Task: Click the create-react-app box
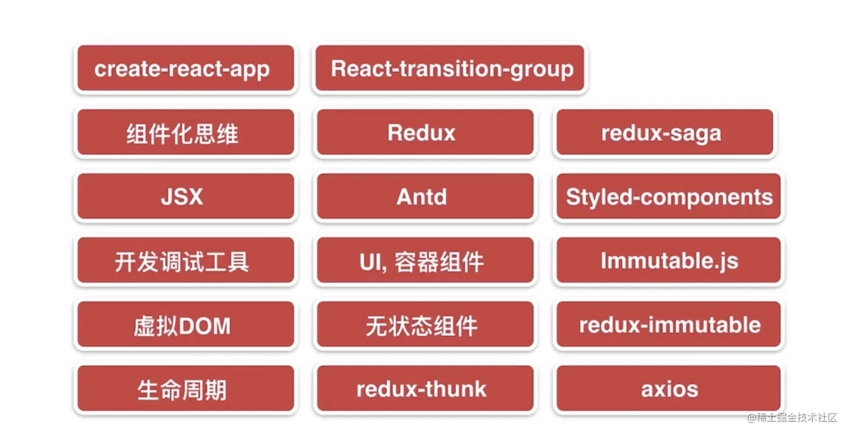(186, 68)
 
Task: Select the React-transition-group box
(450, 68)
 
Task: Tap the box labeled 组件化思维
(186, 132)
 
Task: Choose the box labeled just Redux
(426, 132)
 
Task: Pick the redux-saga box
(665, 132)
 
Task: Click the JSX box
(186, 196)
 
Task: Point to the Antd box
(426, 196)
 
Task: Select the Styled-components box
(668, 196)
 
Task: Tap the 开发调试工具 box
(186, 260)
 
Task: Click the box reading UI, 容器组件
(426, 260)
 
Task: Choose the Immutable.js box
(668, 260)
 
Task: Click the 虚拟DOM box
(186, 325)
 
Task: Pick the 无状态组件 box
(426, 325)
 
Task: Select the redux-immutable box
(668, 325)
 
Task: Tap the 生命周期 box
(186, 389)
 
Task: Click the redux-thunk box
(426, 389)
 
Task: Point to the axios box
(668, 389)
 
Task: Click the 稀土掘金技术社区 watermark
(792, 418)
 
